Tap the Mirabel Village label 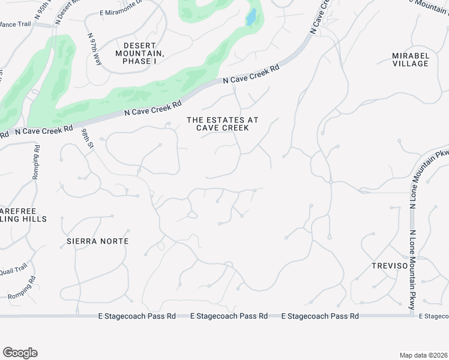pyautogui.click(x=411, y=59)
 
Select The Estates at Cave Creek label pyautogui.click(x=223, y=124)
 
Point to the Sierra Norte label pyautogui.click(x=97, y=241)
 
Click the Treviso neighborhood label pyautogui.click(x=389, y=265)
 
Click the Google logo pyautogui.click(x=20, y=353)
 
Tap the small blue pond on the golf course pyautogui.click(x=251, y=18)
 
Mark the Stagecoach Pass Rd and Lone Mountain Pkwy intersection pyautogui.click(x=412, y=316)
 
